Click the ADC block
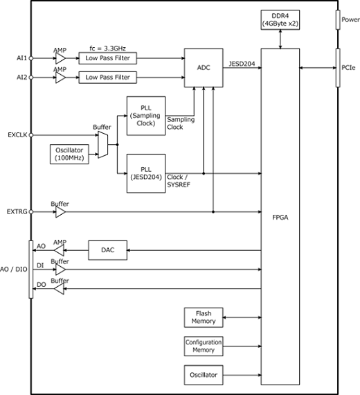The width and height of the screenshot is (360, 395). point(204,68)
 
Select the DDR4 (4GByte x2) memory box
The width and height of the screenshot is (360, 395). point(280,20)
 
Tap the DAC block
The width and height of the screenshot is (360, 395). point(108,250)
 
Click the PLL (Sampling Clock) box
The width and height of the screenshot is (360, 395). point(146,116)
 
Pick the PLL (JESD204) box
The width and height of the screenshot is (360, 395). point(146,173)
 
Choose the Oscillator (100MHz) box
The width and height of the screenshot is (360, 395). point(69,154)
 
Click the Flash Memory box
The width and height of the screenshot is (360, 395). point(204,317)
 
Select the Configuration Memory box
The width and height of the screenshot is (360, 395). point(204,346)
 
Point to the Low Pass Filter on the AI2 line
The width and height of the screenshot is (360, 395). point(108,78)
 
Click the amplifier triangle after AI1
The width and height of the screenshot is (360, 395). point(60,58)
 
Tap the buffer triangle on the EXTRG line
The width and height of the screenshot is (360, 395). point(60,212)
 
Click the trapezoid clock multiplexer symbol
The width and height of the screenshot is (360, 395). point(103,145)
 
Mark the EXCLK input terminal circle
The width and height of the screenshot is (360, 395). point(31,135)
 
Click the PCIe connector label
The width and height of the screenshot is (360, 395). point(348,68)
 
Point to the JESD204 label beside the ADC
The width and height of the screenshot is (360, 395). point(242,64)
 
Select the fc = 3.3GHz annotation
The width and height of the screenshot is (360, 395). point(107,48)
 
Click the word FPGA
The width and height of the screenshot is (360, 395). point(280,217)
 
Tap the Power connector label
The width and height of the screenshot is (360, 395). point(350,19)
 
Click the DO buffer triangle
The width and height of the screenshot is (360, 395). point(60,289)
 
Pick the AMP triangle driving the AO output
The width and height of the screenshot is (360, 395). point(60,250)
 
